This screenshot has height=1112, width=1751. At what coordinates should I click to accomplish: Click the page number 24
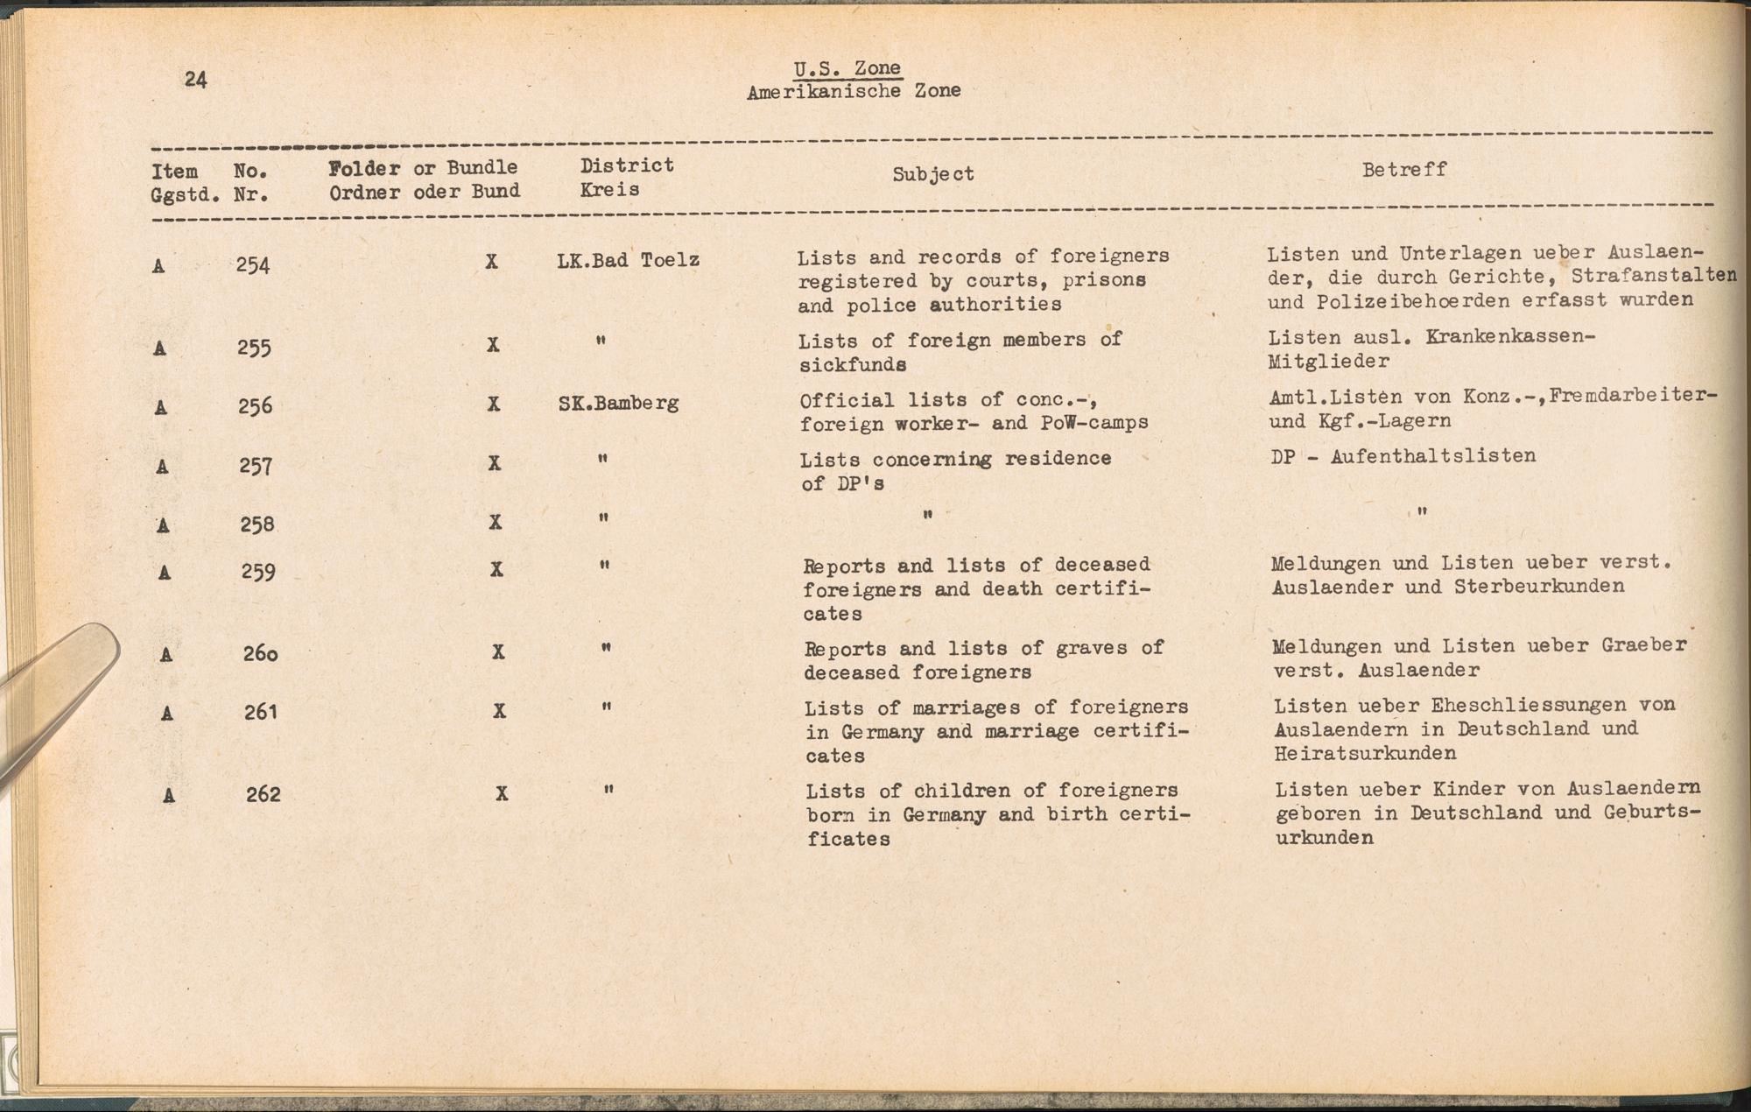coord(195,80)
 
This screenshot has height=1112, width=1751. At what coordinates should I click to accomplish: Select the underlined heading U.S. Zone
coord(847,68)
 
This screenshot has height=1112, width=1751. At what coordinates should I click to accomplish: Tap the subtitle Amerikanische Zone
coord(854,91)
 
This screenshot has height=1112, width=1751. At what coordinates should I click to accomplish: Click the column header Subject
coord(933,174)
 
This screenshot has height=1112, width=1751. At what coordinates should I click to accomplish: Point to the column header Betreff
coord(1404,169)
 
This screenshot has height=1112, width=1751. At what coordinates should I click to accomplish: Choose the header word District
coord(627,165)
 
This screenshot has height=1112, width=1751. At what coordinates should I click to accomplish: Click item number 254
coord(253,264)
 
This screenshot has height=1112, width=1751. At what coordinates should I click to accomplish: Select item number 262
coord(263,794)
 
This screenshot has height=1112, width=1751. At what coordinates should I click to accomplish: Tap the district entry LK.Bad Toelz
coord(628,261)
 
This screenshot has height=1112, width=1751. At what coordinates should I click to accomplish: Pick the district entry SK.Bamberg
coord(618,404)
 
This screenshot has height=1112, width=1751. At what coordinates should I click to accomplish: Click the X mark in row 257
coord(495,463)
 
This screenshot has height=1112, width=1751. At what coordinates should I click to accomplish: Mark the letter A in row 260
coord(165,654)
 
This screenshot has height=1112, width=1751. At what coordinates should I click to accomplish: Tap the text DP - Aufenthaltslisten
coord(1403,456)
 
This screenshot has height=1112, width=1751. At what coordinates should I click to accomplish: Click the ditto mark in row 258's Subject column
coord(927,515)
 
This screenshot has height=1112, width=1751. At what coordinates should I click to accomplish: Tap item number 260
coord(260,653)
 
